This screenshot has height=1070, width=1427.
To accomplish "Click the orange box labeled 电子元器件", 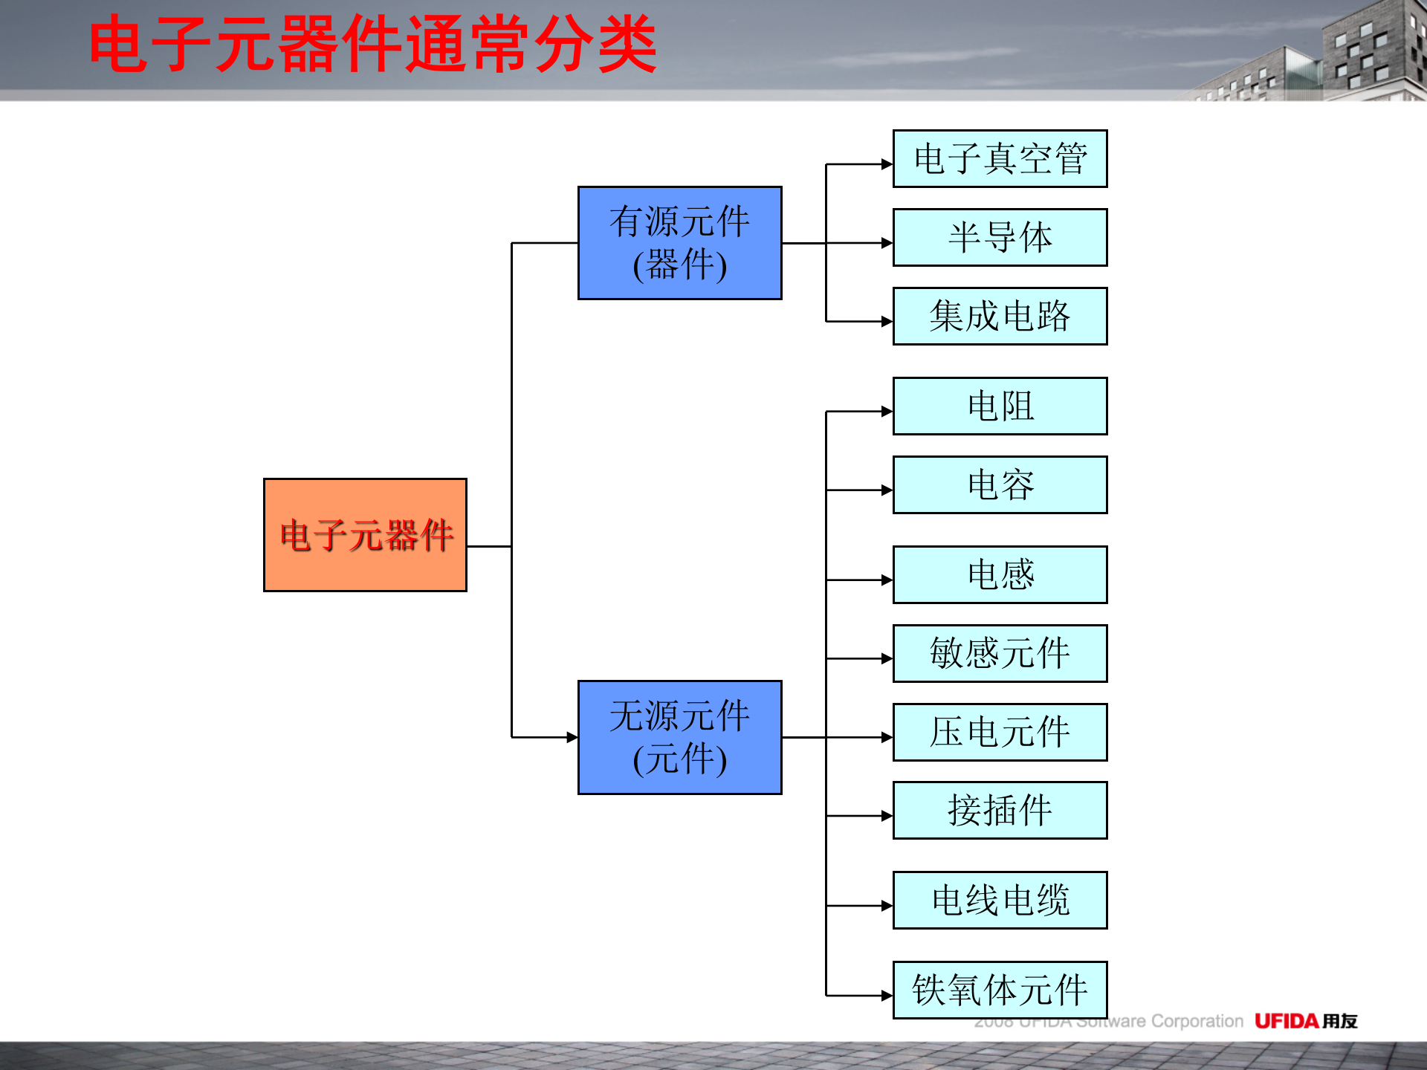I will click(x=365, y=535).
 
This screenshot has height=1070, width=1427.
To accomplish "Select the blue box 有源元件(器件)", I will click(x=679, y=243).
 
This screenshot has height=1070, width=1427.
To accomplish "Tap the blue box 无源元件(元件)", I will click(x=679, y=737).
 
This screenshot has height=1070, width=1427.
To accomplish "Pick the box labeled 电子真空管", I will click(x=1000, y=159).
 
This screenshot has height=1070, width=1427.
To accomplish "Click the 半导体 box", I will click(x=1000, y=238).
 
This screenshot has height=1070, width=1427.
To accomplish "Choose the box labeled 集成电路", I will click(x=1000, y=316).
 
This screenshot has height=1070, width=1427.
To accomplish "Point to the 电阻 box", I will click(x=1000, y=406).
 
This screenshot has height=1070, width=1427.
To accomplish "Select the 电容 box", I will click(x=1000, y=484).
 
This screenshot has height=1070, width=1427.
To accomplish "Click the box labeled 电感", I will click(x=1000, y=574).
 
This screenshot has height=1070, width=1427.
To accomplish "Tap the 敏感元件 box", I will click(x=1000, y=653).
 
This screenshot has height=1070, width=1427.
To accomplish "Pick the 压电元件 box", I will click(x=1000, y=732).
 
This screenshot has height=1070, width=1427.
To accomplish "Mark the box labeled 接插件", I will click(x=1000, y=810).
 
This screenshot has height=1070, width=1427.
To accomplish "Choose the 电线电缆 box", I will click(x=1000, y=900).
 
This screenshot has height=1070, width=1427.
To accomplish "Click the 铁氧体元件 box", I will click(x=1000, y=990).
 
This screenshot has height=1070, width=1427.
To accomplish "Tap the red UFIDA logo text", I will click(x=1287, y=1021).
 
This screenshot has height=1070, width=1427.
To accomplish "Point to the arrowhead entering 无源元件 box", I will click(x=572, y=737).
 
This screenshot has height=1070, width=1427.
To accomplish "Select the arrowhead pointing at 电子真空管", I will click(x=887, y=164).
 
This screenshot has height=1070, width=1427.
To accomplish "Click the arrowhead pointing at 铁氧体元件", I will click(x=887, y=996).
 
